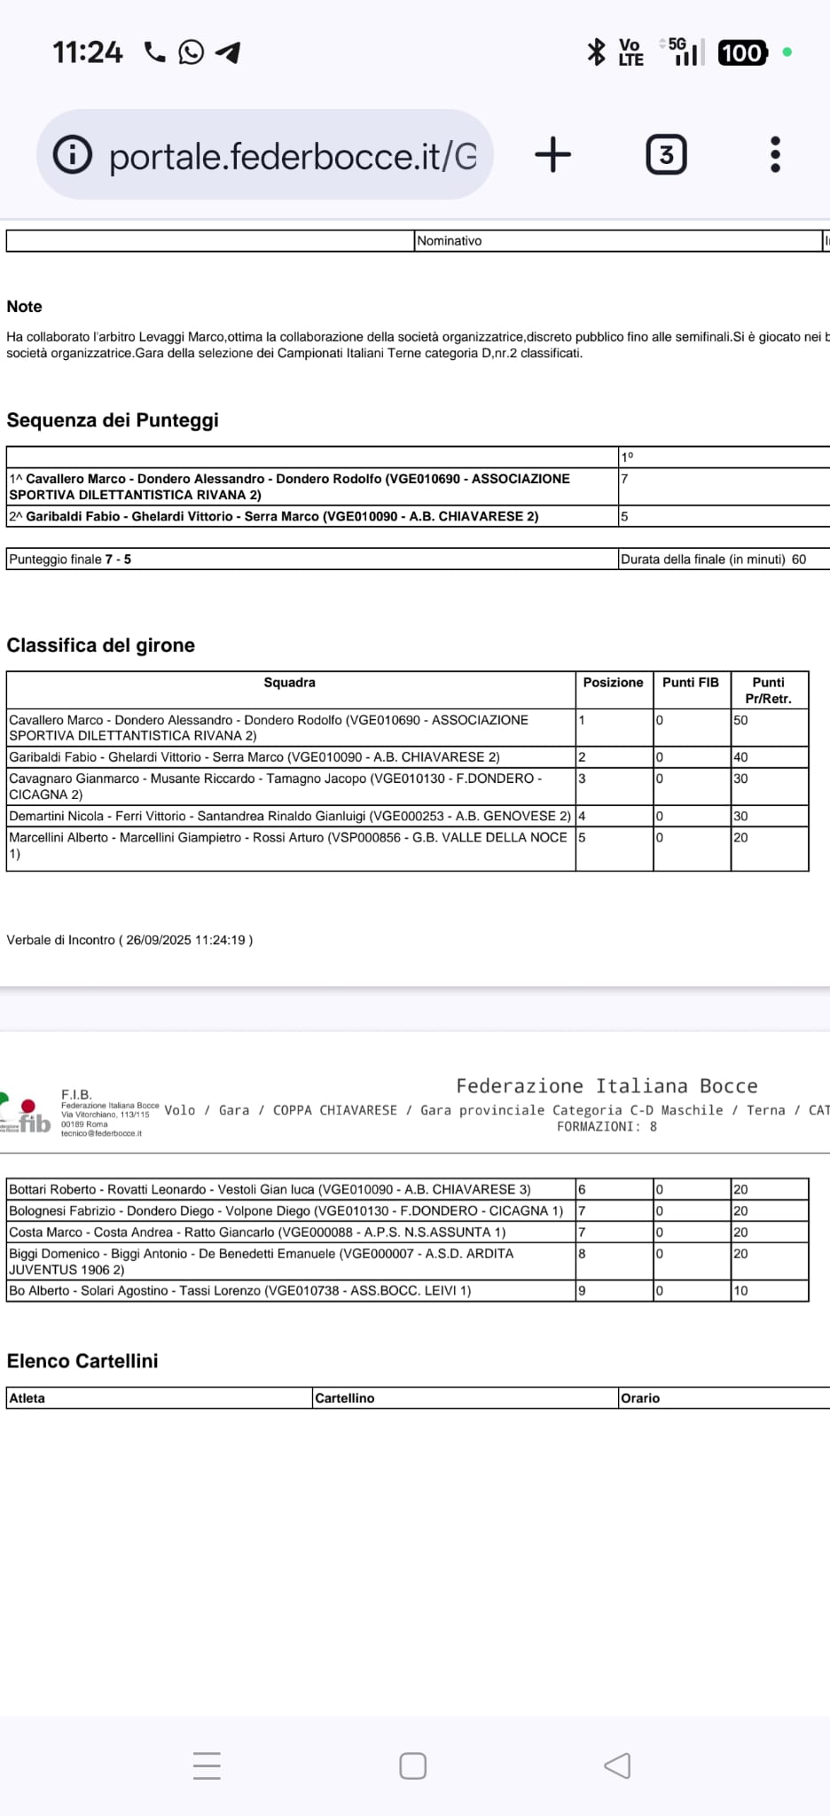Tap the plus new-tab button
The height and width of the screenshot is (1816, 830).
(x=553, y=154)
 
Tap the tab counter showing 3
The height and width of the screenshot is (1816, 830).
(x=666, y=155)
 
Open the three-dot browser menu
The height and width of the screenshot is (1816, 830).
(x=775, y=155)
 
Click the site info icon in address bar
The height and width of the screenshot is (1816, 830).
(x=73, y=155)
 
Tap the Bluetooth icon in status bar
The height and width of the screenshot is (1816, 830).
(x=596, y=51)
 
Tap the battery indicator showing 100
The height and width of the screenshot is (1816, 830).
(x=741, y=53)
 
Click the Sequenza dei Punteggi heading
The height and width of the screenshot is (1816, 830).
(x=113, y=420)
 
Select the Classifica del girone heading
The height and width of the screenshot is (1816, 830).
(x=101, y=646)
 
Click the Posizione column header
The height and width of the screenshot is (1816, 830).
(x=613, y=683)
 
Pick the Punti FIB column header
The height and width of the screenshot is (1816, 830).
(x=691, y=683)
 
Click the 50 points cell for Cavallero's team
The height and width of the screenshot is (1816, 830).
(x=768, y=721)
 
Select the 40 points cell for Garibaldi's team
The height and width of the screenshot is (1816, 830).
(x=768, y=757)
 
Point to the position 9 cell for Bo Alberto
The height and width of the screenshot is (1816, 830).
(x=613, y=1291)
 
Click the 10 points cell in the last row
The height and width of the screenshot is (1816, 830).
(x=768, y=1291)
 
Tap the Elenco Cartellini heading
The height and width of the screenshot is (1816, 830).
(x=82, y=1361)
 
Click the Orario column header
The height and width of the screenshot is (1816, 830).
(x=640, y=1398)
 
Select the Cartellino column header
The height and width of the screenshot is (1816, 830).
(x=345, y=1398)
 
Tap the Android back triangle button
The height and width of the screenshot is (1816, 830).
(x=617, y=1765)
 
